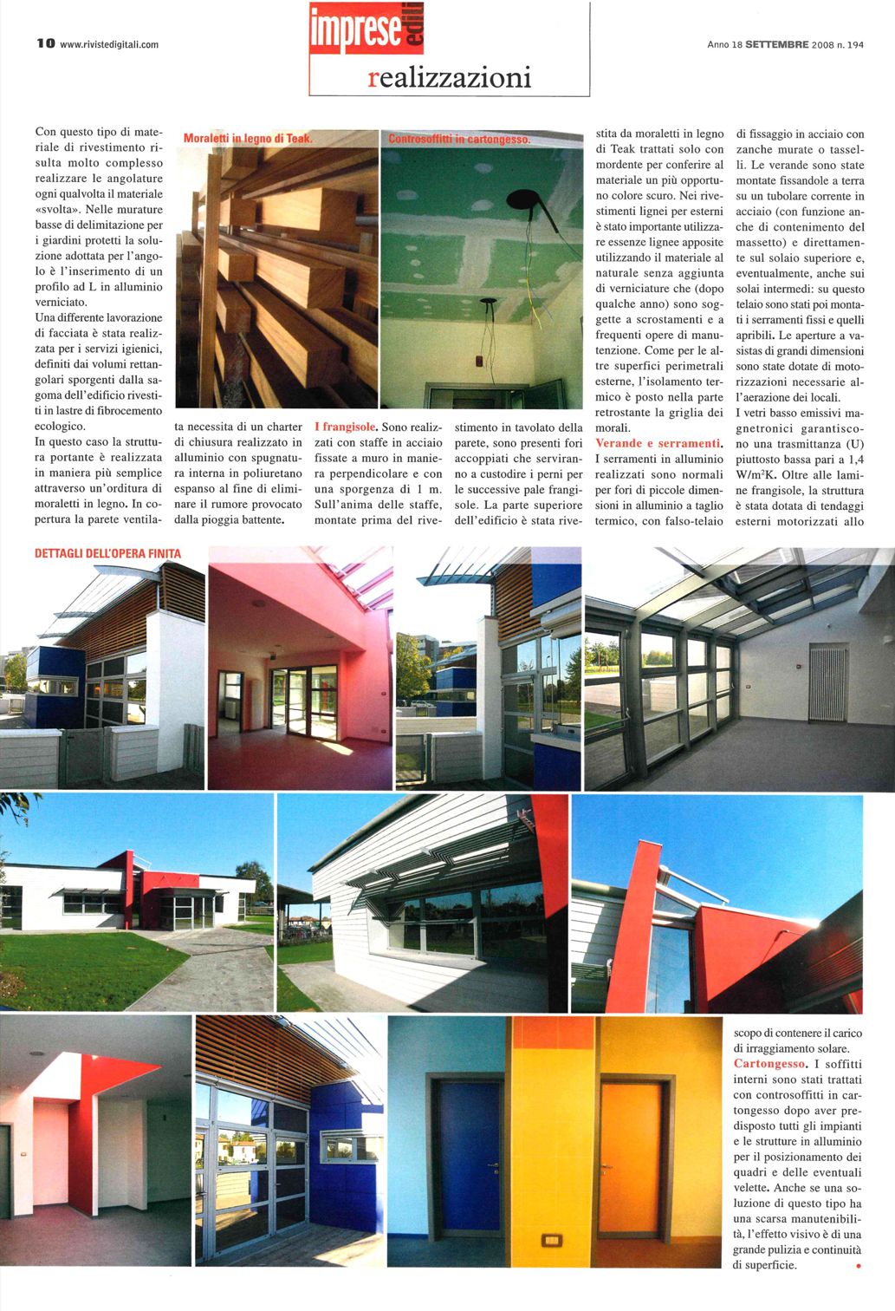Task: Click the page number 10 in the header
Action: (x=45, y=44)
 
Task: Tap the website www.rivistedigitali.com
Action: (x=109, y=45)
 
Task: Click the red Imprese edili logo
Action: (x=366, y=29)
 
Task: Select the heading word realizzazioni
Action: (x=449, y=78)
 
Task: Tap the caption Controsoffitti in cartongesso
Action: (x=459, y=139)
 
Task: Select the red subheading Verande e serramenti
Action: (x=658, y=443)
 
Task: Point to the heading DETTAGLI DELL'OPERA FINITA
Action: (x=108, y=553)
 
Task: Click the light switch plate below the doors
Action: (x=551, y=1240)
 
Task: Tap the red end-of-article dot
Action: (x=858, y=1267)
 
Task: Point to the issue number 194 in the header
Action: (x=856, y=44)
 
